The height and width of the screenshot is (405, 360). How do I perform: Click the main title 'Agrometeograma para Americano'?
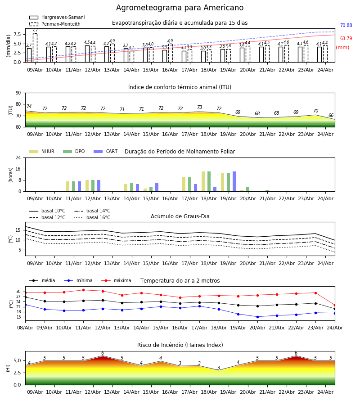(x=180, y=8)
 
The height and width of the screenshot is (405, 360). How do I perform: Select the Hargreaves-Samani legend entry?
(x=57, y=17)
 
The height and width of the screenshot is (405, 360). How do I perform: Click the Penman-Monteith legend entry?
(x=55, y=24)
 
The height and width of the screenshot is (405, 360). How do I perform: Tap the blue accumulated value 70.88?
(x=346, y=25)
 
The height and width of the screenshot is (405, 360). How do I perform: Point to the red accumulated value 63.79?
(x=346, y=39)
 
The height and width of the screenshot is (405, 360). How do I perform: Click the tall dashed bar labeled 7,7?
(x=35, y=48)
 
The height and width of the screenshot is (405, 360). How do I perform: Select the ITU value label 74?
(x=29, y=106)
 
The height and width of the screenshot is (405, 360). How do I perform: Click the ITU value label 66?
(x=331, y=116)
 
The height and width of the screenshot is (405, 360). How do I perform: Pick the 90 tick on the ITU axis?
(x=18, y=93)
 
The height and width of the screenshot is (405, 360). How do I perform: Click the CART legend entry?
(x=105, y=151)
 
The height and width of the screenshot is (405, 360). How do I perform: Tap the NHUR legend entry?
(x=42, y=151)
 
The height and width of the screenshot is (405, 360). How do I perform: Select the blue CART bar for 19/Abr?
(x=234, y=181)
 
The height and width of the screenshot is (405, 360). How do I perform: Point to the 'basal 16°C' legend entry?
(x=92, y=217)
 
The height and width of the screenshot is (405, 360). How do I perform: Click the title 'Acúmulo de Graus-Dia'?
(x=180, y=216)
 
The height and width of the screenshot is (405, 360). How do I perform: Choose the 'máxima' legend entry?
(x=116, y=280)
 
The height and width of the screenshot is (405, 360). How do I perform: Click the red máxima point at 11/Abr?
(x=83, y=290)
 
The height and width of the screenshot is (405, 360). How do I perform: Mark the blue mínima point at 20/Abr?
(x=257, y=317)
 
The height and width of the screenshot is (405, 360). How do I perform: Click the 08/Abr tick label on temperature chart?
(x=25, y=328)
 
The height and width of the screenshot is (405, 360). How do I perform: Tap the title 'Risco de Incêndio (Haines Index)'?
(x=180, y=345)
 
